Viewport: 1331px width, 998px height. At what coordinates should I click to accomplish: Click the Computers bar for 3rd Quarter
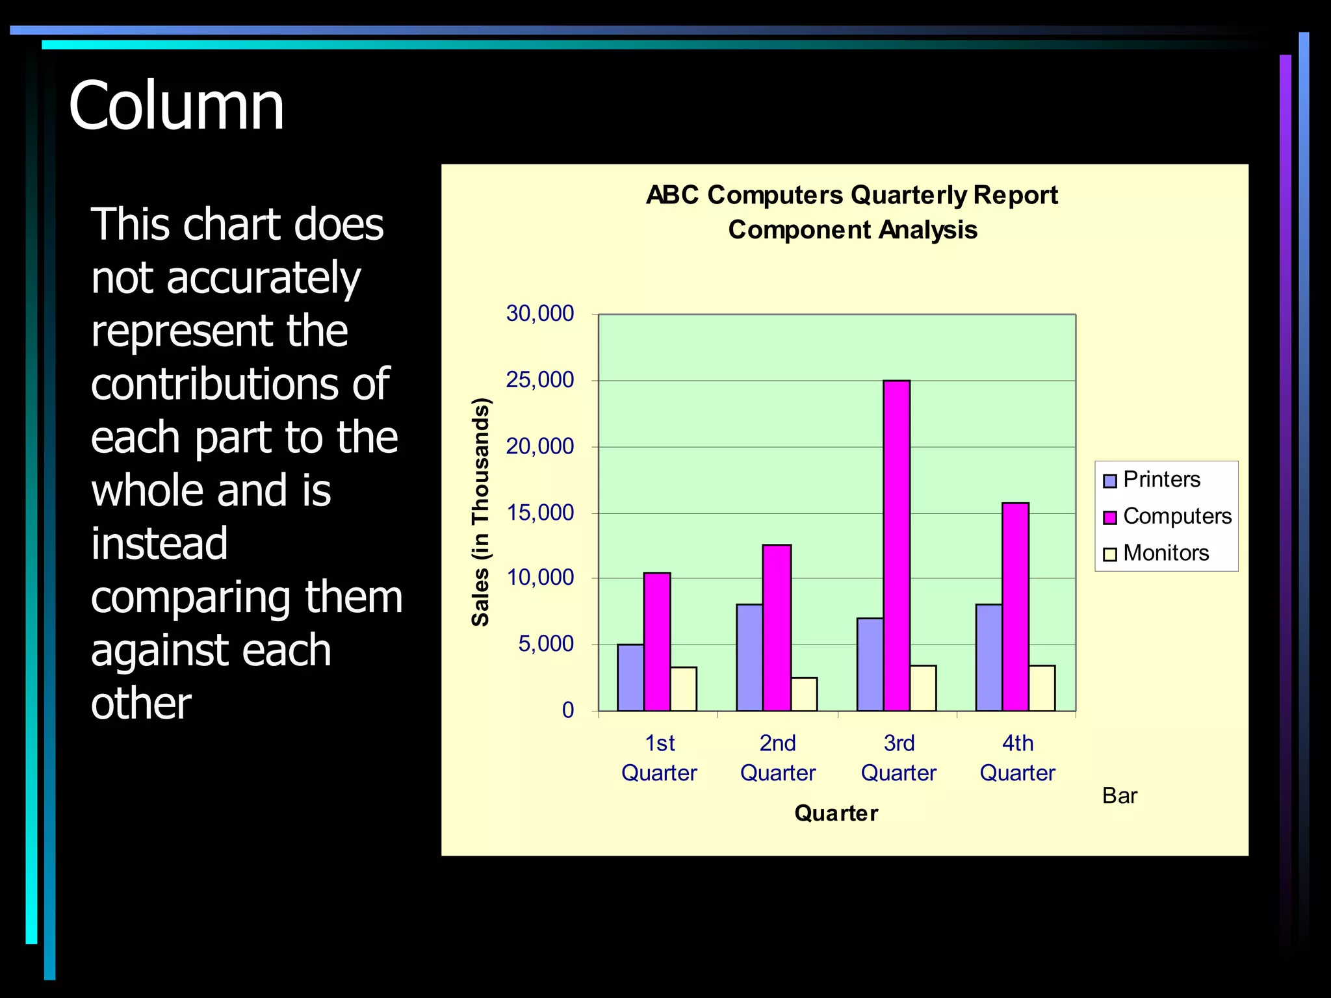click(x=896, y=545)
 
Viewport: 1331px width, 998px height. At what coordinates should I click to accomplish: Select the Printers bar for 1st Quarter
click(x=630, y=677)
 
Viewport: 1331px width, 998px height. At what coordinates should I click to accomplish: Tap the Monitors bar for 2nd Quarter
click(x=804, y=694)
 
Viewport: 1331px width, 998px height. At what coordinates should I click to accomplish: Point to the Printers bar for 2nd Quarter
click(x=749, y=657)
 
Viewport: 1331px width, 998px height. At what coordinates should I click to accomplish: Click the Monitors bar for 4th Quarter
click(x=1042, y=687)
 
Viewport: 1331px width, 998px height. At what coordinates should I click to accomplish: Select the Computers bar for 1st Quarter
click(x=657, y=641)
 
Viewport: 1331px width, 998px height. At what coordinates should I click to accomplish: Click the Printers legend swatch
click(x=1110, y=481)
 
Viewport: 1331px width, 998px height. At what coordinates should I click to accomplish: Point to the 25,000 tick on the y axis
click(x=540, y=380)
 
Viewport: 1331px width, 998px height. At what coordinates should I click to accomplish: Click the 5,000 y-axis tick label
click(x=546, y=644)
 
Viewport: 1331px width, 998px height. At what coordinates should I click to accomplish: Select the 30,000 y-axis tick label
click(x=540, y=314)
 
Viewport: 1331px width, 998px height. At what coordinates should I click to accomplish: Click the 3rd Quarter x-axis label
click(x=898, y=758)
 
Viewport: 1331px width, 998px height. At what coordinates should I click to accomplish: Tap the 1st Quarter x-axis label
click(x=659, y=758)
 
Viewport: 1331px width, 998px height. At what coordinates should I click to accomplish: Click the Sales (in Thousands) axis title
click(x=480, y=512)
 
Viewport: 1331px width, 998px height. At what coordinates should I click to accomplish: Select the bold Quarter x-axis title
click(x=836, y=813)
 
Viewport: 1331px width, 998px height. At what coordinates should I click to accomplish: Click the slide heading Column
click(x=176, y=106)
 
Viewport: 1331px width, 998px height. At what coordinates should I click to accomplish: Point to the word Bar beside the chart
click(x=1119, y=796)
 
